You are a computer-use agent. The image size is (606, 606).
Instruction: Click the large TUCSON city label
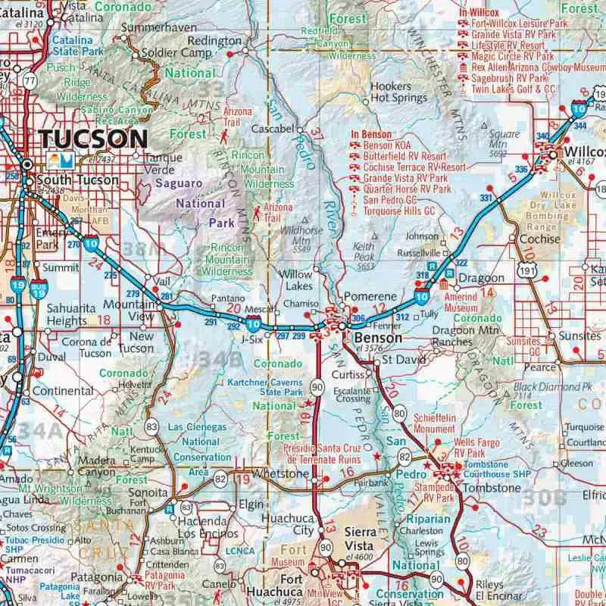[93, 139]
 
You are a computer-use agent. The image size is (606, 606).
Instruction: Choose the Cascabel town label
[272, 128]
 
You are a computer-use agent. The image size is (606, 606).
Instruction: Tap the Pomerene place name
[370, 295]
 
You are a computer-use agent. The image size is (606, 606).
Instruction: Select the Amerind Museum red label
[461, 303]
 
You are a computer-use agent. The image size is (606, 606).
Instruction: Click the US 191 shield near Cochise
[525, 271]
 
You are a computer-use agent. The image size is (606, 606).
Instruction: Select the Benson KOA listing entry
[392, 145]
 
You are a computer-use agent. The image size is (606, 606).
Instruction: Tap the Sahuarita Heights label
[71, 314]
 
